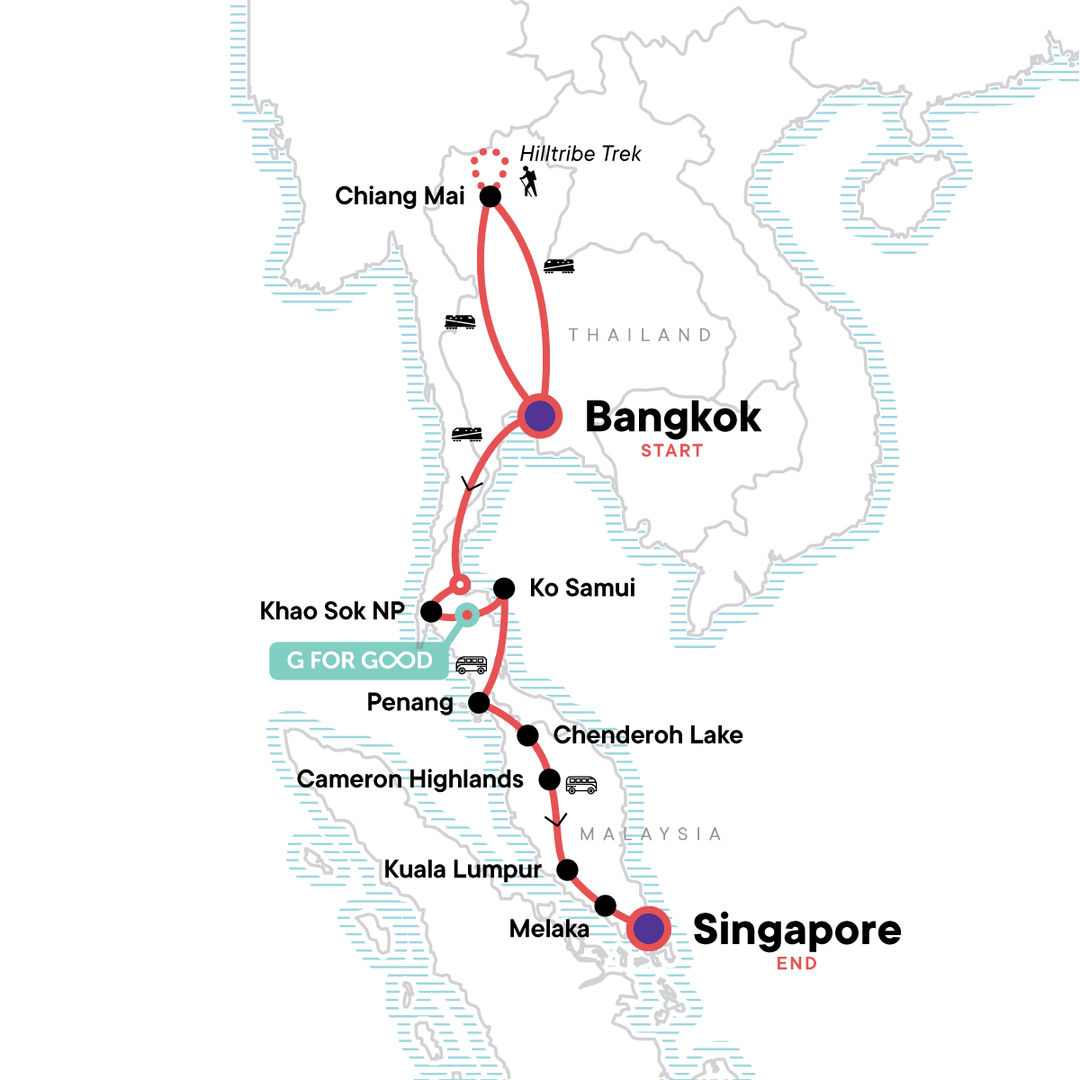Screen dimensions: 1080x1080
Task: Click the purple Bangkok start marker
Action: point(540,417)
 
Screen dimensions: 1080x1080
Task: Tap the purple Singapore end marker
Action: point(649,929)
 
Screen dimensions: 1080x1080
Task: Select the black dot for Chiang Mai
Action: point(490,196)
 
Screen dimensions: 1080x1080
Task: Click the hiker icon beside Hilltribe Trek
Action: point(529,182)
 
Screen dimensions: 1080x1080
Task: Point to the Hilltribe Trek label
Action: point(580,154)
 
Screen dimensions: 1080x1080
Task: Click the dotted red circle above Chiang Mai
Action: point(490,168)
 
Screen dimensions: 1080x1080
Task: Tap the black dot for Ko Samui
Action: point(504,589)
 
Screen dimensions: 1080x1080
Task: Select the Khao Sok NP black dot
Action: point(431,612)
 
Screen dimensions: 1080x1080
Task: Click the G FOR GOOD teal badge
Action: point(359,661)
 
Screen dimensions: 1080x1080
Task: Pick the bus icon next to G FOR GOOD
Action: point(472,665)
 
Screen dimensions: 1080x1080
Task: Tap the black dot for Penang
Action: point(480,702)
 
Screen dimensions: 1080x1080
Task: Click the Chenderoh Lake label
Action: point(648,735)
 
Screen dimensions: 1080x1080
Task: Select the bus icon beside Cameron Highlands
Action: point(581,785)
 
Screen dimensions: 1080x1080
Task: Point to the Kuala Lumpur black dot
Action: point(567,869)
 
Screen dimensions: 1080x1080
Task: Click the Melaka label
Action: point(549,929)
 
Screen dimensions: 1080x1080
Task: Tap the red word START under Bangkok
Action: point(671,451)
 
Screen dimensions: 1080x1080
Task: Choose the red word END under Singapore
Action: point(796,963)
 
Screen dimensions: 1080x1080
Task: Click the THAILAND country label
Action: point(640,335)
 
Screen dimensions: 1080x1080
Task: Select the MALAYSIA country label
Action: point(651,834)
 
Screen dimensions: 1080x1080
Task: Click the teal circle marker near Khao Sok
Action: point(466,615)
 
